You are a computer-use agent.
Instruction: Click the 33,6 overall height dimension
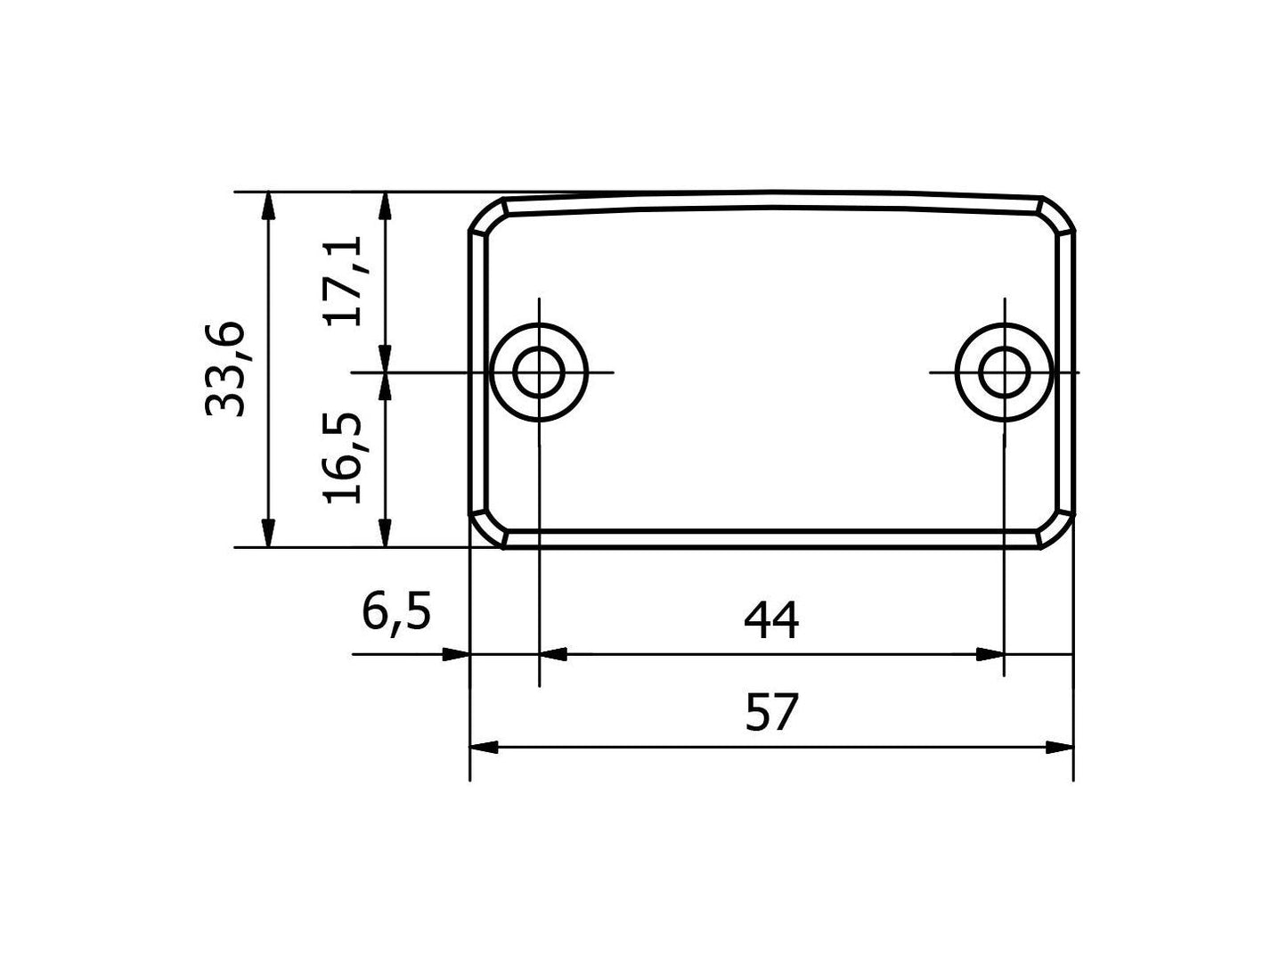[224, 369]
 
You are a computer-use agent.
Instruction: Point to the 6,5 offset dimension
[396, 613]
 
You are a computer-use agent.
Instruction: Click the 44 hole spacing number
[771, 621]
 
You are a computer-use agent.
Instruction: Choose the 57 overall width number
[771, 713]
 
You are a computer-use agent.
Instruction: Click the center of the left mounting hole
[539, 372]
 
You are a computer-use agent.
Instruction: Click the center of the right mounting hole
[1004, 372]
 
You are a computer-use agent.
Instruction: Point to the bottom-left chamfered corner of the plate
[486, 528]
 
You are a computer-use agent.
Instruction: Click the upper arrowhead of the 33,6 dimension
[267, 205]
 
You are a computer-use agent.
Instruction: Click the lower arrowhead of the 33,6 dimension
[267, 534]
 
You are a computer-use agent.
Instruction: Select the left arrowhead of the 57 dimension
[484, 747]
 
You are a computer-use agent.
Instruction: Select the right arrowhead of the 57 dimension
[1059, 747]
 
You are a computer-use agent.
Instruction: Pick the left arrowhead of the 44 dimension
[554, 655]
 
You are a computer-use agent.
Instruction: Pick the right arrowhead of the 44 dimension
[989, 655]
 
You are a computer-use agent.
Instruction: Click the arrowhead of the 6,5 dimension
[455, 655]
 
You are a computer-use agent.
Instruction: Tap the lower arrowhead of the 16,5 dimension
[385, 534]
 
